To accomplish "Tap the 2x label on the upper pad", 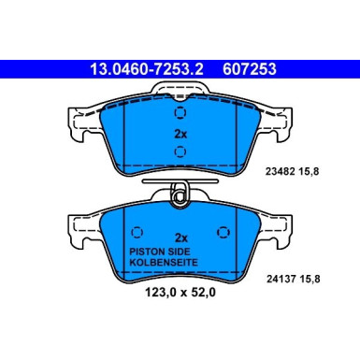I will tap(180, 134).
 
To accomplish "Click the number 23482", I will tap(294, 170).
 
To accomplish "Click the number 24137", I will tap(294, 276).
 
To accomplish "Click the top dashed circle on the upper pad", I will tap(180, 113).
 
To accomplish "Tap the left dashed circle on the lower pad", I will tap(137, 233).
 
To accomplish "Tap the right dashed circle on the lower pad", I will tap(223, 233).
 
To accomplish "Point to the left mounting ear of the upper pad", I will tap(79, 126).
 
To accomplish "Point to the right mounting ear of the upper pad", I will tap(281, 126).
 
